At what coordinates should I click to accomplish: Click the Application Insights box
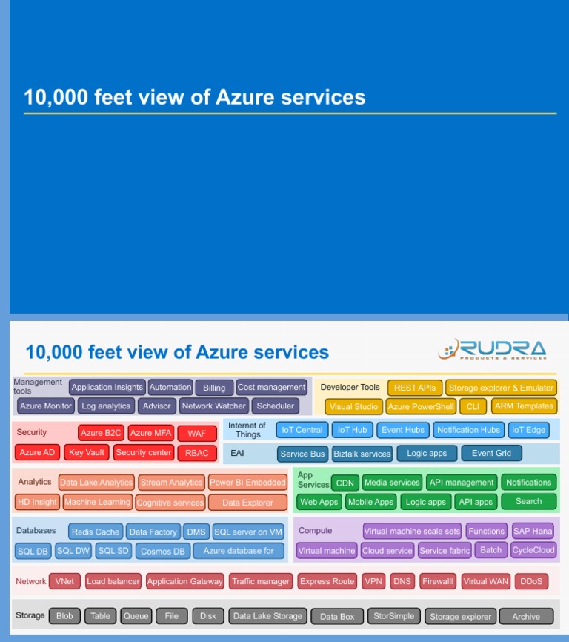[x=107, y=387]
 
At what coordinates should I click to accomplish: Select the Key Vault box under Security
[x=87, y=452]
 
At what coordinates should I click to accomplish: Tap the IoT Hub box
[x=352, y=430]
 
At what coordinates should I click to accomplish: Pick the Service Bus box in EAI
[x=302, y=454]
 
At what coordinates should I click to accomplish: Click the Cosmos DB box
[x=162, y=551]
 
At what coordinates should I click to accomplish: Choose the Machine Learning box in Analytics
[x=97, y=502]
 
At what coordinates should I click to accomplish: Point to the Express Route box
[x=327, y=581]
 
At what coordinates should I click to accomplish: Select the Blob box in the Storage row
[x=64, y=616]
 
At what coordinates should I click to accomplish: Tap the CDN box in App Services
[x=345, y=483]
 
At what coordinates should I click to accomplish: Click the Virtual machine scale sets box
[x=412, y=531]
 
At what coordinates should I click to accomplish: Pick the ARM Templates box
[x=524, y=406]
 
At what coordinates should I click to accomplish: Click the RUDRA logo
[x=492, y=350]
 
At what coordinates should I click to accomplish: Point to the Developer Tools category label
[x=350, y=387]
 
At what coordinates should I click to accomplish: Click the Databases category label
[x=36, y=531]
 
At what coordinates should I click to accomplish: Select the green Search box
[x=528, y=501]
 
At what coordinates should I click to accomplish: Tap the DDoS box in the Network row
[x=531, y=581]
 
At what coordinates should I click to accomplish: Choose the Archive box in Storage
[x=526, y=616]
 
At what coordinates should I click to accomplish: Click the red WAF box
[x=196, y=434]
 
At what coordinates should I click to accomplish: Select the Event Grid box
[x=491, y=453]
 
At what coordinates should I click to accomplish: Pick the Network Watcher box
[x=213, y=406]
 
